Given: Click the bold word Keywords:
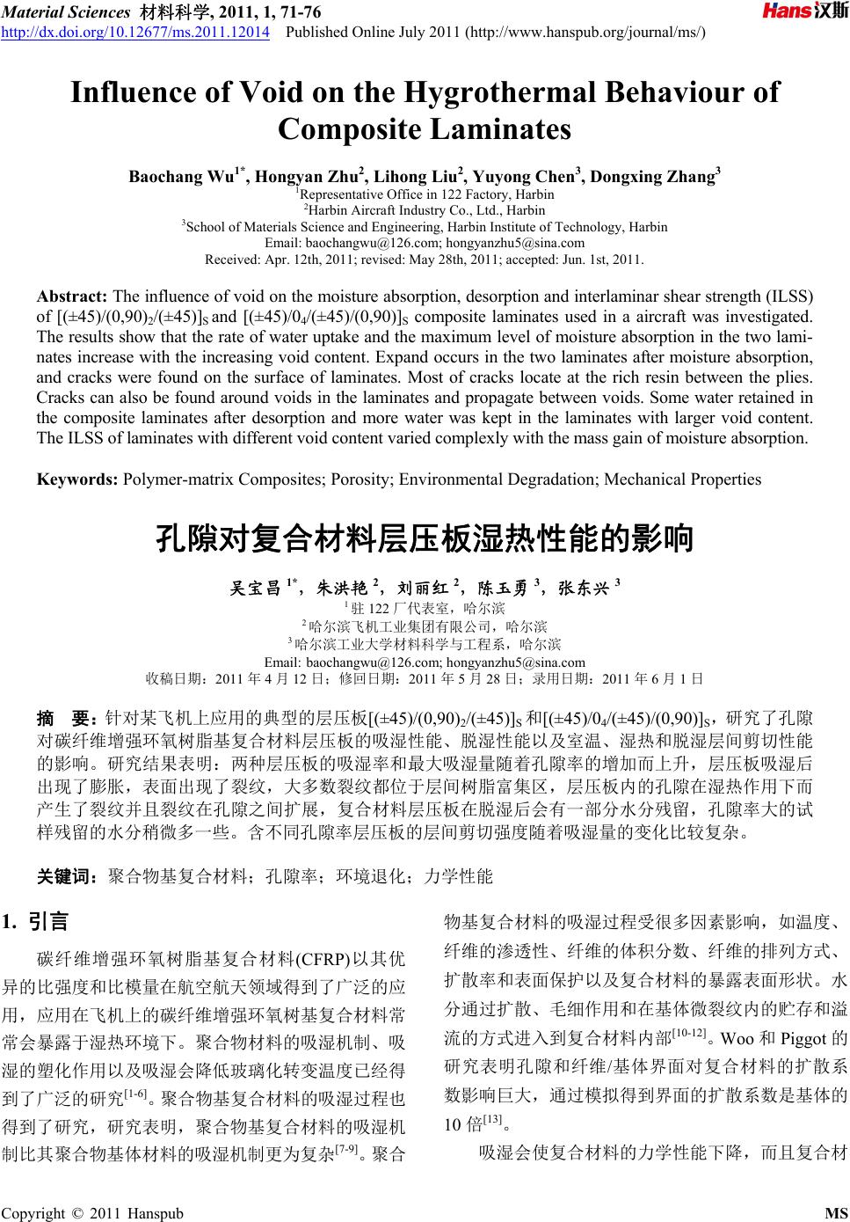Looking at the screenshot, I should (x=77, y=479).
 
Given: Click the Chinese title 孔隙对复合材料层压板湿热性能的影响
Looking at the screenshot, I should (x=425, y=537).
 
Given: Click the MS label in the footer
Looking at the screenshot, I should (x=837, y=1212).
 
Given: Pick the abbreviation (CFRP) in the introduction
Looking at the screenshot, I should (x=324, y=958).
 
